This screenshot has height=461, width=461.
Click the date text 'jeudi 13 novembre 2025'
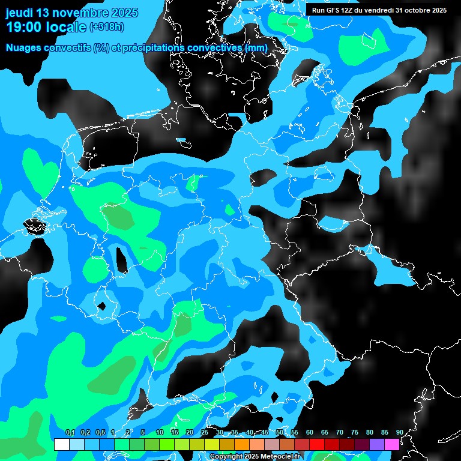pyautogui.click(x=71, y=13)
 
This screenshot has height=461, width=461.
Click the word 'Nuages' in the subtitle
pyautogui.click(x=25, y=47)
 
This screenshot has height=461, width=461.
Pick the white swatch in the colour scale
pyautogui.click(x=62, y=445)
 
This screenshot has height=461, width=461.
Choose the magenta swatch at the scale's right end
pyautogui.click(x=392, y=445)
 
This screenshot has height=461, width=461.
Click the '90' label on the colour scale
pyautogui.click(x=399, y=433)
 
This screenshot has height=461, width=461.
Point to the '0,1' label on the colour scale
pyautogui.click(x=70, y=433)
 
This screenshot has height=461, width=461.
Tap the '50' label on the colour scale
pyautogui.click(x=280, y=433)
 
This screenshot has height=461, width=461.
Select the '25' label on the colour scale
pyautogui.click(x=205, y=433)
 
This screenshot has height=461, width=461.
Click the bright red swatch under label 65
pyautogui.click(x=317, y=445)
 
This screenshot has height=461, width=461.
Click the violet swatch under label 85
pyautogui.click(x=377, y=445)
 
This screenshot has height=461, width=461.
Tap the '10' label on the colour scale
pyautogui.click(x=160, y=433)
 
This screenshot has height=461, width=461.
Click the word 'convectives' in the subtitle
pyautogui.click(x=217, y=47)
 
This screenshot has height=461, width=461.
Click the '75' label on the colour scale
pyautogui.click(x=355, y=433)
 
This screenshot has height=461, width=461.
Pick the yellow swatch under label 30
pyautogui.click(x=212, y=445)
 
